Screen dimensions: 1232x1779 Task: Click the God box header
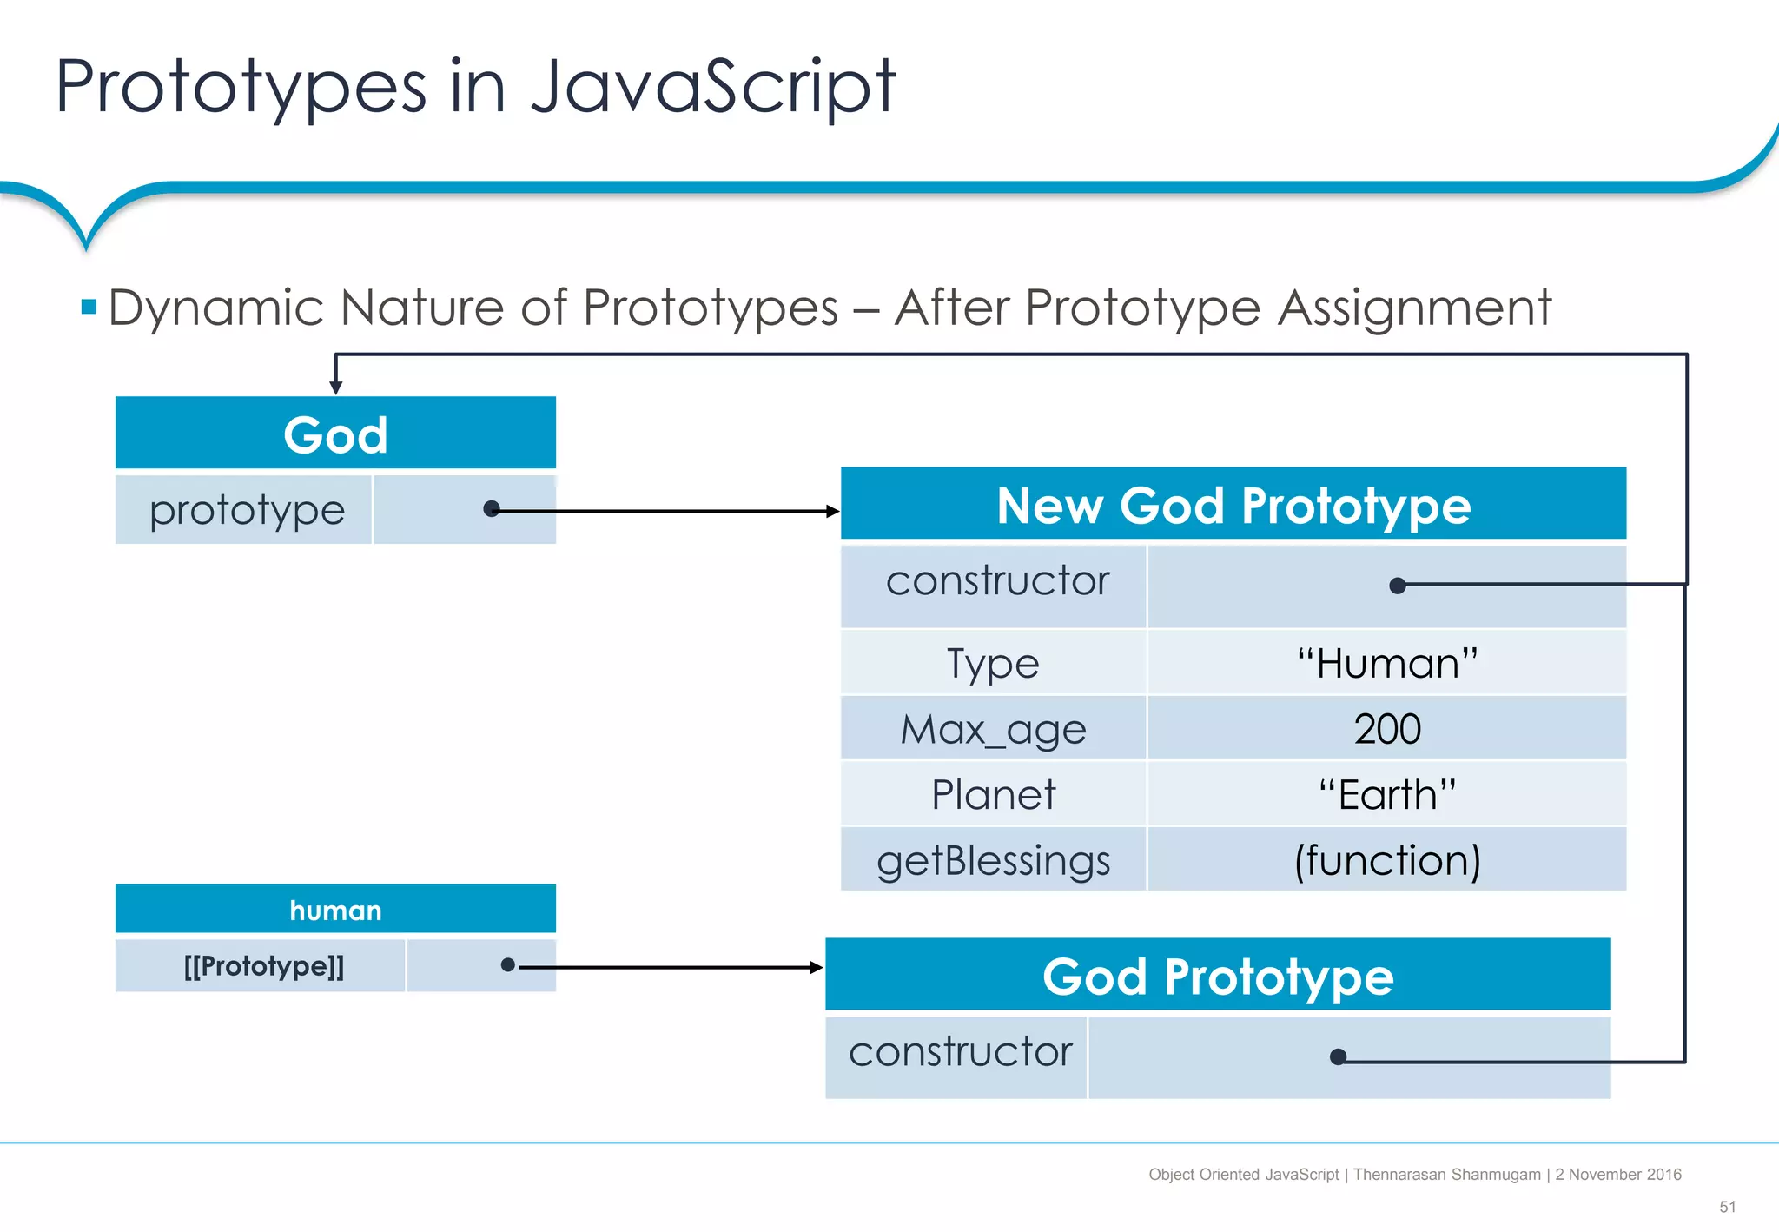pyautogui.click(x=335, y=434)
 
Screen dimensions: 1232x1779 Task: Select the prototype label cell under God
pyautogui.click(x=246, y=510)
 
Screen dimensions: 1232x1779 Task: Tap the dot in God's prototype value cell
pyautogui.click(x=492, y=509)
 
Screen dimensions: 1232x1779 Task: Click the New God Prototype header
pyautogui.click(x=1233, y=505)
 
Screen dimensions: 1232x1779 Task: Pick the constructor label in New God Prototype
pyautogui.click(x=996, y=581)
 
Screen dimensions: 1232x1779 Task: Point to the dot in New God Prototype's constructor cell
pyautogui.click(x=1398, y=586)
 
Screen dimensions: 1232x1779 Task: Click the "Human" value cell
pyautogui.click(x=1386, y=664)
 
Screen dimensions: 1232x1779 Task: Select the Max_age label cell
pyautogui.click(x=993, y=729)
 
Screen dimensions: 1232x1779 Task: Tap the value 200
pyautogui.click(x=1386, y=729)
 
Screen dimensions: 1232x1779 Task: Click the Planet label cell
pyautogui.click(x=993, y=794)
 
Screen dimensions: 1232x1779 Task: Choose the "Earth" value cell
pyautogui.click(x=1386, y=794)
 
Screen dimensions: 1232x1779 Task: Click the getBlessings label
pyautogui.click(x=993, y=860)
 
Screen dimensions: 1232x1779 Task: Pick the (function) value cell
pyautogui.click(x=1386, y=860)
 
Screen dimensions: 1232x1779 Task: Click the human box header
pyautogui.click(x=335, y=910)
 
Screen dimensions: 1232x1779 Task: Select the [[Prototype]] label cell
pyautogui.click(x=263, y=966)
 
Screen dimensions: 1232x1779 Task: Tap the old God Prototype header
pyautogui.click(x=1217, y=976)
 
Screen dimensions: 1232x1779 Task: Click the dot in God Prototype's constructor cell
pyautogui.click(x=1339, y=1057)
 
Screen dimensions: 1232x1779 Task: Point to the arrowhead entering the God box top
pyautogui.click(x=336, y=387)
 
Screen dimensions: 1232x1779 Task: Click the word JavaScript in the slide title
pyautogui.click(x=712, y=87)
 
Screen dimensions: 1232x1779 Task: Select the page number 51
pyautogui.click(x=1727, y=1207)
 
